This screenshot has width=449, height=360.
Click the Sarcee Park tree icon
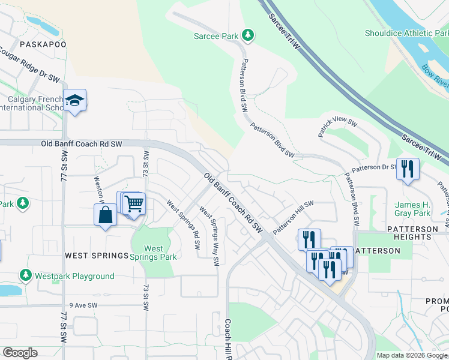(247, 35)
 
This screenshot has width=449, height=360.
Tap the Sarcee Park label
(216, 36)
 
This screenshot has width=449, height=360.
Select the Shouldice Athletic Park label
(406, 34)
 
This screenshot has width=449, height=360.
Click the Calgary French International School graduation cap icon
(75, 100)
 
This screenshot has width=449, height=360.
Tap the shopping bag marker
(105, 215)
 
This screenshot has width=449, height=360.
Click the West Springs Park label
(154, 253)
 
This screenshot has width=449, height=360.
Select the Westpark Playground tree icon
(25, 275)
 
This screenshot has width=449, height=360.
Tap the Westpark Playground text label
(74, 276)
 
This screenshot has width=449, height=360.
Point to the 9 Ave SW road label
(83, 305)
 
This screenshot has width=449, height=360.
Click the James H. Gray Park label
(413, 209)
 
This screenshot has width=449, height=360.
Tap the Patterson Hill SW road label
(294, 218)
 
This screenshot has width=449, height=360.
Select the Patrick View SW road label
(338, 128)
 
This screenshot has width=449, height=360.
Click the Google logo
(20, 353)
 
